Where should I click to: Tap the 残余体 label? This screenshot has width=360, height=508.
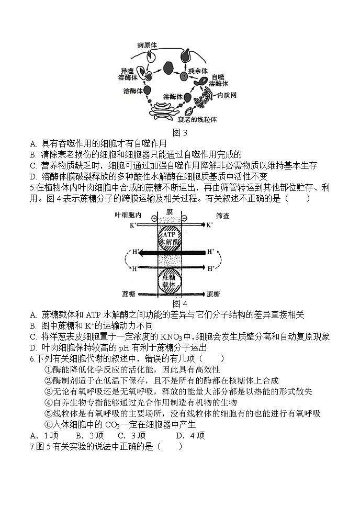198,70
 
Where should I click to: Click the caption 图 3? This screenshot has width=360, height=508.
179,132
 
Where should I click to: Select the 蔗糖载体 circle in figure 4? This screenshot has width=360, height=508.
169,281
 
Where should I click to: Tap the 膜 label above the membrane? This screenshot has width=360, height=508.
170,211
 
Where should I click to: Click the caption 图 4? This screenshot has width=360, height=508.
179,303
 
